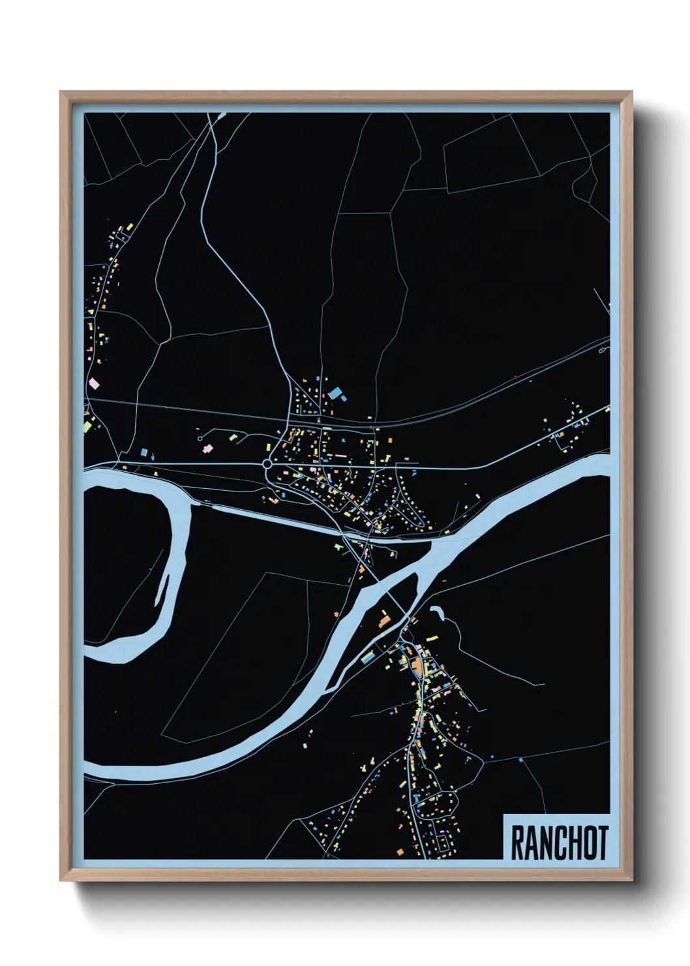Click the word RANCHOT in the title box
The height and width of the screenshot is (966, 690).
559,843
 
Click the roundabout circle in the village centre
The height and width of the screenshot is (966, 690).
267,464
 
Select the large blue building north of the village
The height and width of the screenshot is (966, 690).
337,393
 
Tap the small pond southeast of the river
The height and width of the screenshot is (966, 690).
436,612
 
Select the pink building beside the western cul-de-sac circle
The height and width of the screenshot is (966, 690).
208,449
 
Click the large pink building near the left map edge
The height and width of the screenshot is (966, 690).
94,384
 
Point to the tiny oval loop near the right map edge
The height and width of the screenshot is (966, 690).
601,351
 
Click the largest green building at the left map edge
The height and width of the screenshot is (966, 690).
87,426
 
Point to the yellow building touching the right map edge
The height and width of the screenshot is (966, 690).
607,409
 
